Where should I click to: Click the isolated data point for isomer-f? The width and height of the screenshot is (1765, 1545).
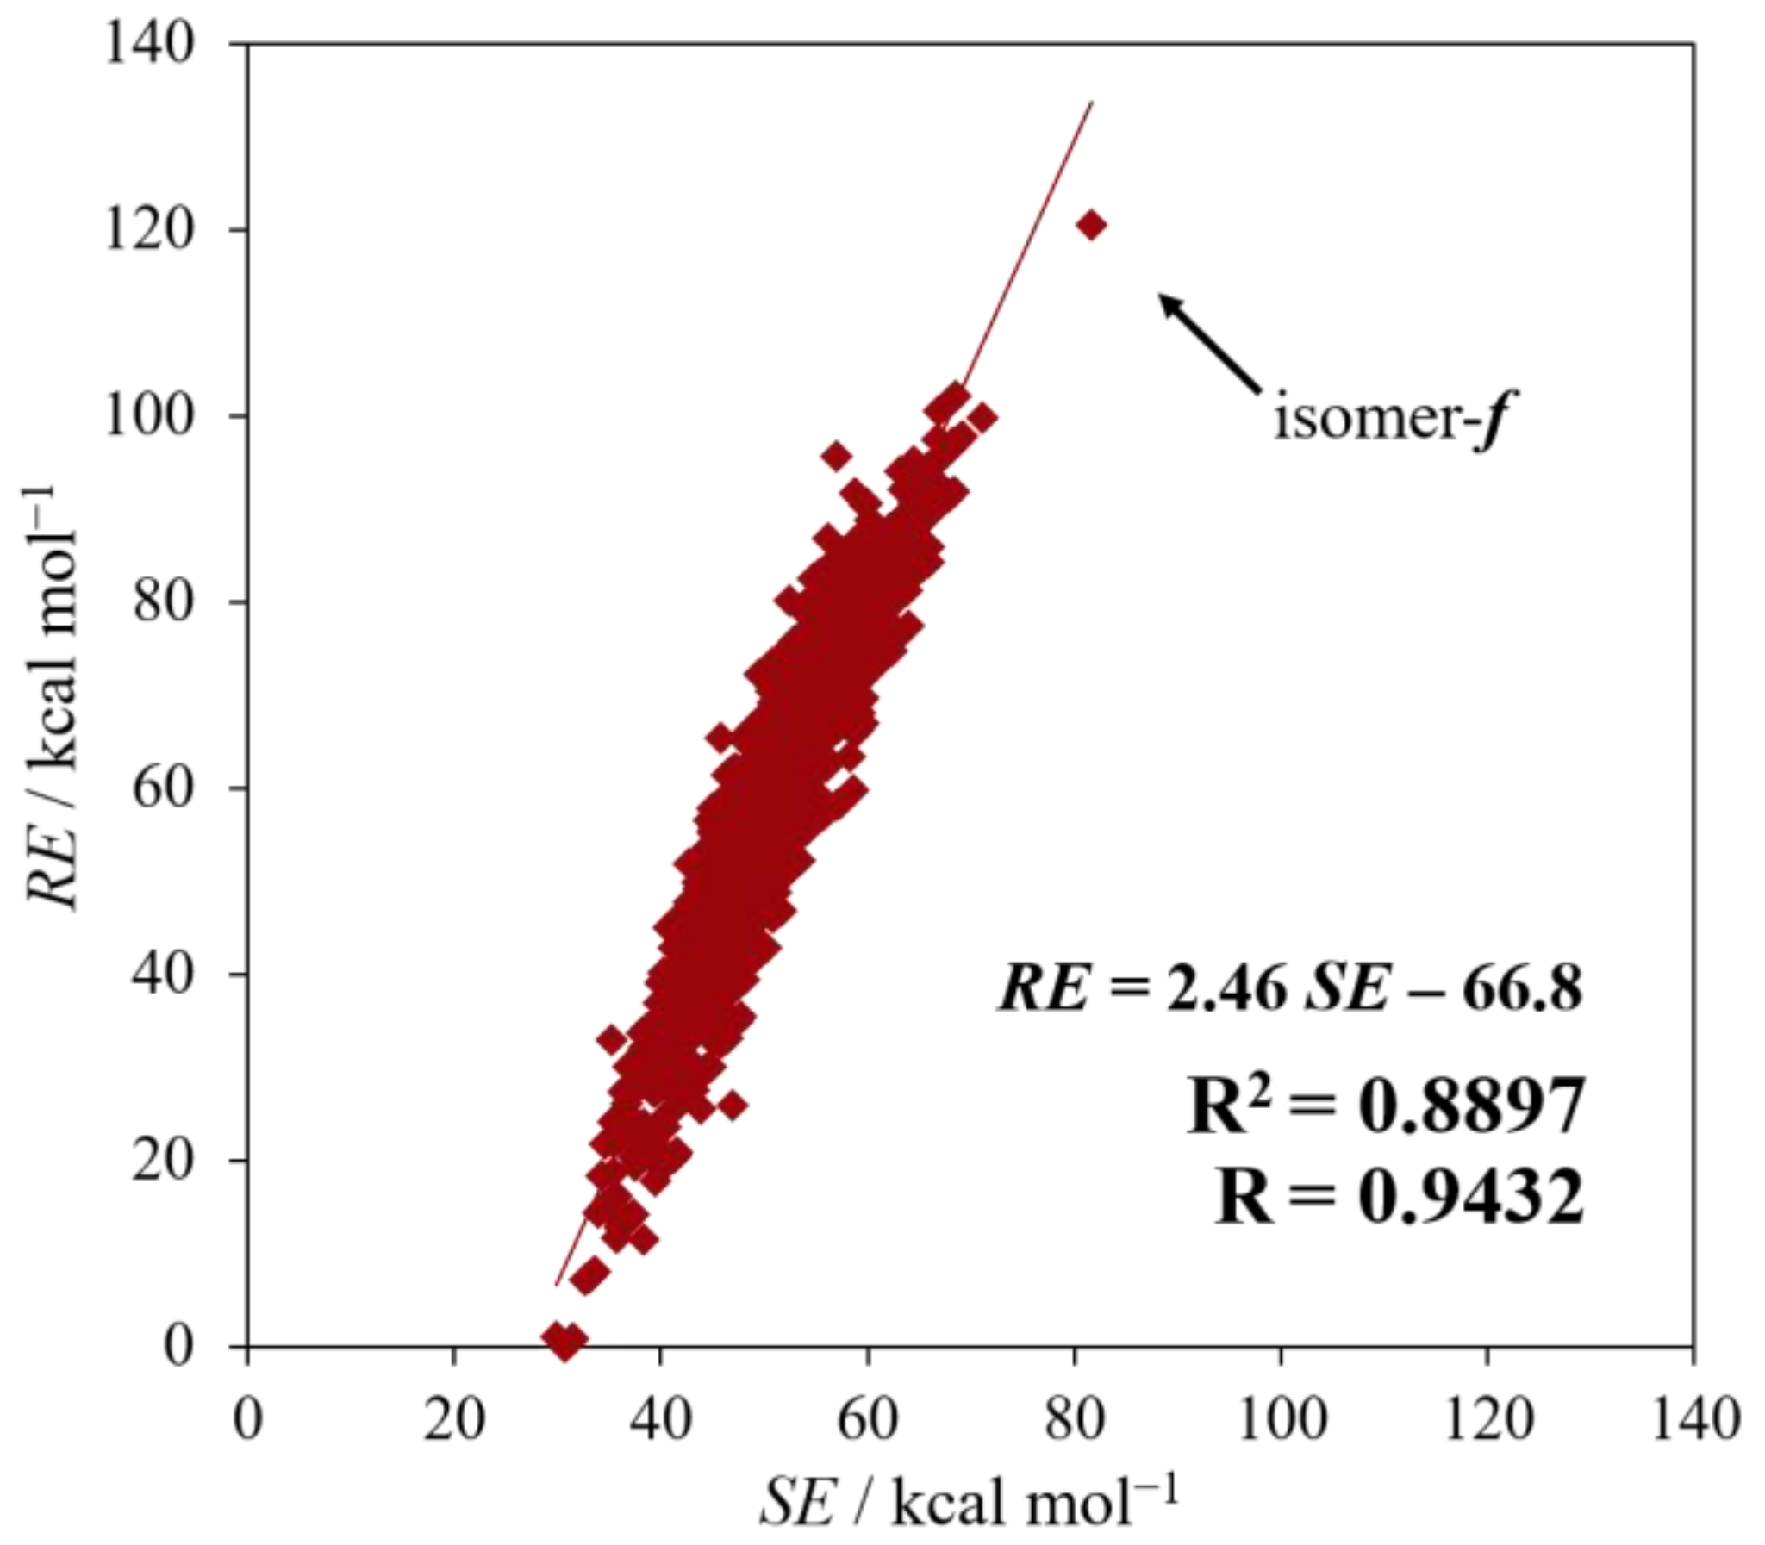(x=1091, y=226)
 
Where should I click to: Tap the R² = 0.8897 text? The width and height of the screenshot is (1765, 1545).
(x=1385, y=1107)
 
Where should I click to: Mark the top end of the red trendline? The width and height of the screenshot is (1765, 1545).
(x=1093, y=103)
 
